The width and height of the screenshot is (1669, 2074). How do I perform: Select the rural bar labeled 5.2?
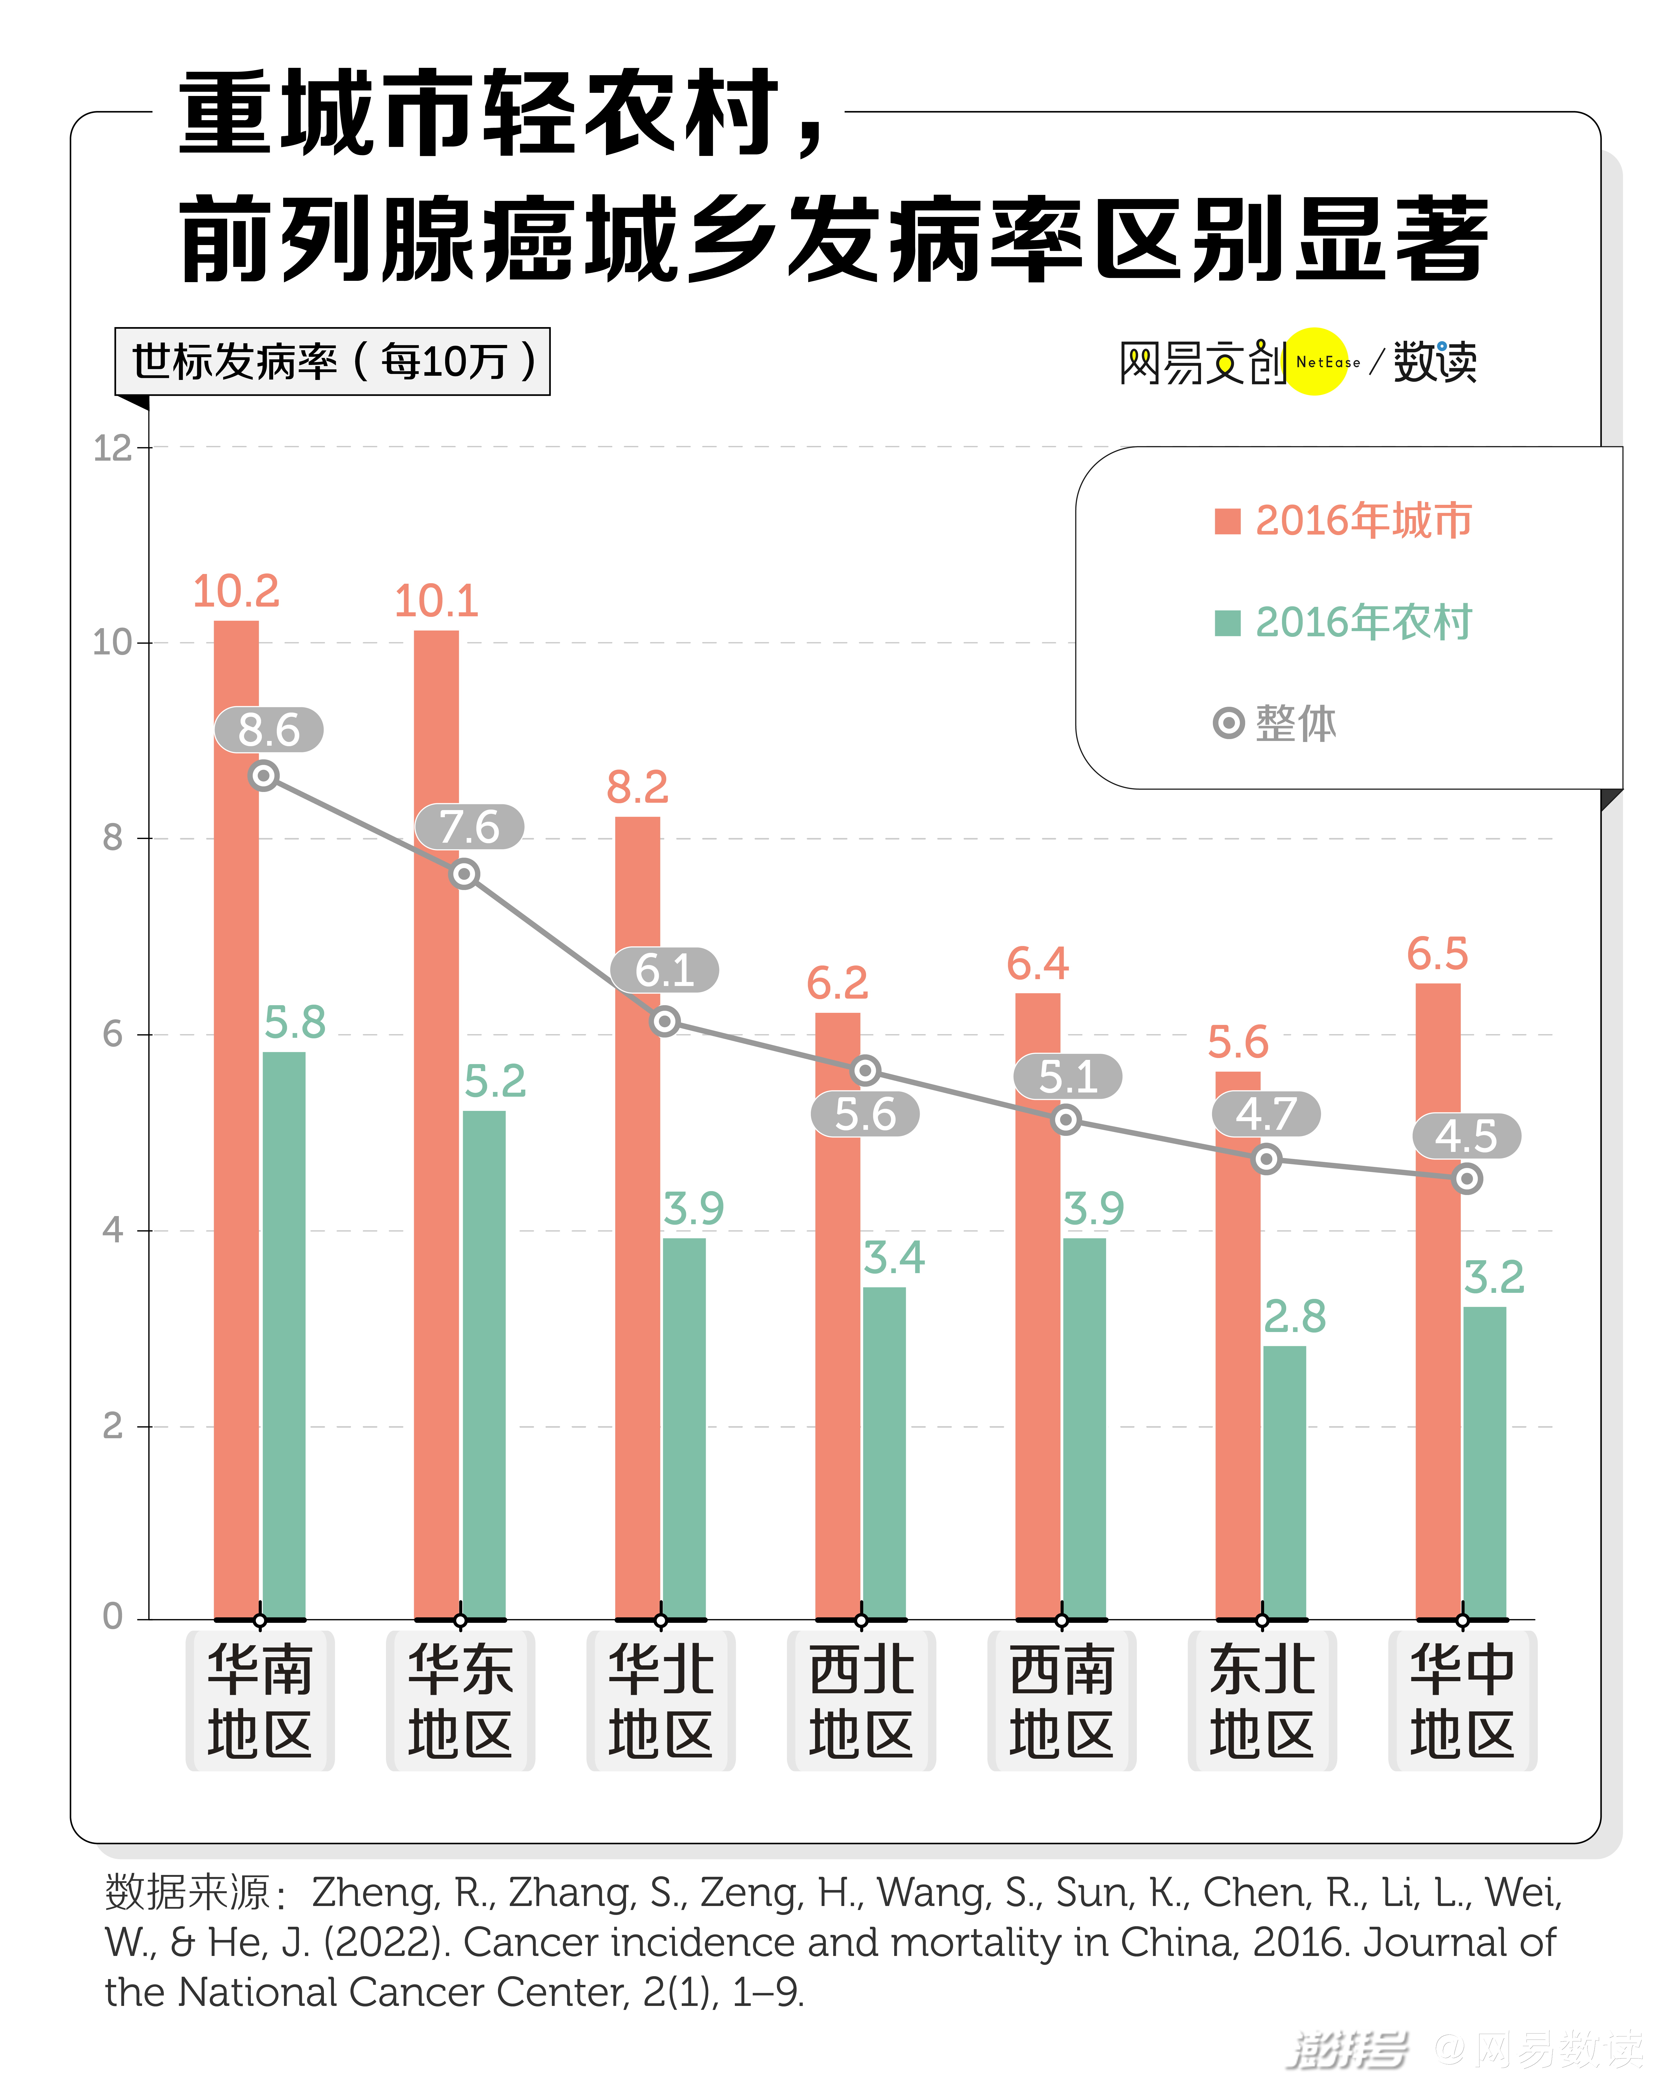click(x=484, y=1366)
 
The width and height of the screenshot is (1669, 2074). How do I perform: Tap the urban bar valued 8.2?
click(x=637, y=1250)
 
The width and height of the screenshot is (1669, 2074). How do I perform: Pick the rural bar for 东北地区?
click(x=1284, y=1481)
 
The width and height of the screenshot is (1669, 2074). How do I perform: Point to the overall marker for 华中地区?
click(x=1466, y=1178)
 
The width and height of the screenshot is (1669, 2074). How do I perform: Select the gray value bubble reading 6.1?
click(x=664, y=970)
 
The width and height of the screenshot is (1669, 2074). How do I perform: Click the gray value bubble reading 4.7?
click(x=1265, y=1114)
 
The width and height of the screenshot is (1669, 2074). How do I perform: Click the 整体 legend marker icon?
click(x=1228, y=723)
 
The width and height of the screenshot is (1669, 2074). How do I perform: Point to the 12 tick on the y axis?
click(x=113, y=448)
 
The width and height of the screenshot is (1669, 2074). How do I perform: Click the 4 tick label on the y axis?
click(x=113, y=1230)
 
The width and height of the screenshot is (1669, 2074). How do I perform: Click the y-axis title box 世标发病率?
click(x=332, y=362)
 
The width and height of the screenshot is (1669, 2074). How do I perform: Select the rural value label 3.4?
click(x=894, y=1257)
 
